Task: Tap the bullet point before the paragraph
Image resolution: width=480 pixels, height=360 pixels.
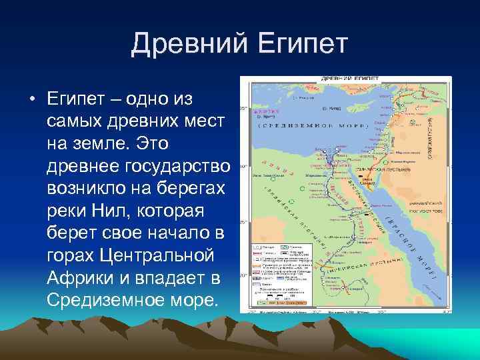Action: click(31, 101)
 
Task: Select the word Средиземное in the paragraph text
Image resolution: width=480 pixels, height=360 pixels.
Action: click(110, 298)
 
